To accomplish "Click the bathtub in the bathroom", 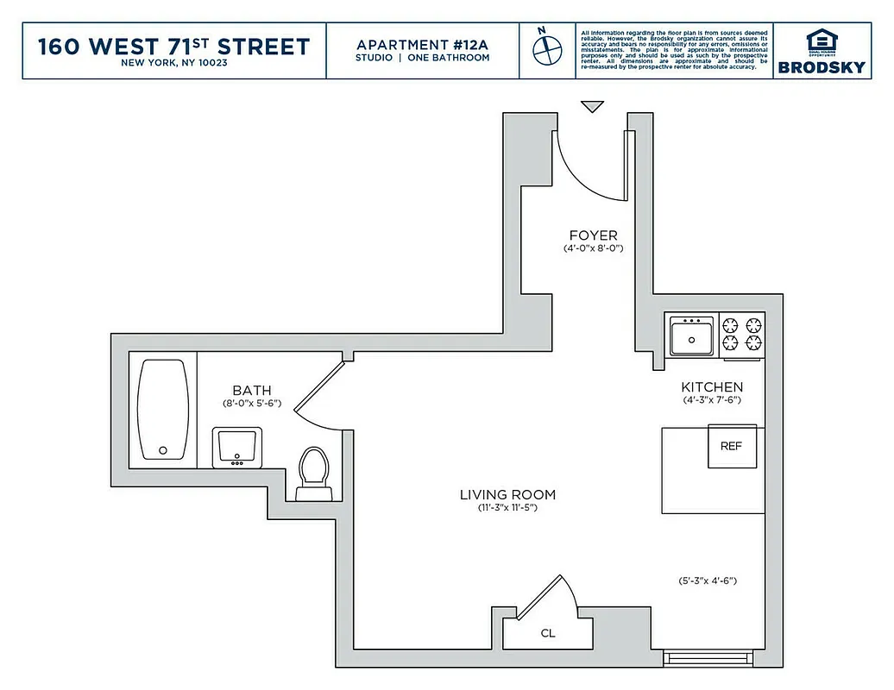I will point(162,410).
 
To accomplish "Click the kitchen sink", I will point(692,334).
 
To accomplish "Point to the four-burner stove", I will point(742,335).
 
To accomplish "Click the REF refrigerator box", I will point(732,447).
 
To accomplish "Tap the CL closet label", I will point(548,633).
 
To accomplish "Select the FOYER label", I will point(593,235).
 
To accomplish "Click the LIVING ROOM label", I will point(507,495).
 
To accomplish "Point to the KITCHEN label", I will point(712,387).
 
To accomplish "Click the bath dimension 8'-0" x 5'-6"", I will point(252,404).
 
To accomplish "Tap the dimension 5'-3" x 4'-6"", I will point(708,580).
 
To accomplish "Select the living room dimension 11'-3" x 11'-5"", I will point(507,508).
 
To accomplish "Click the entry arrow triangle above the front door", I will point(591,106).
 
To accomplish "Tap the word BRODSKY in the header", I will point(821,67).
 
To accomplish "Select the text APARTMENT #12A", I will point(422,44).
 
